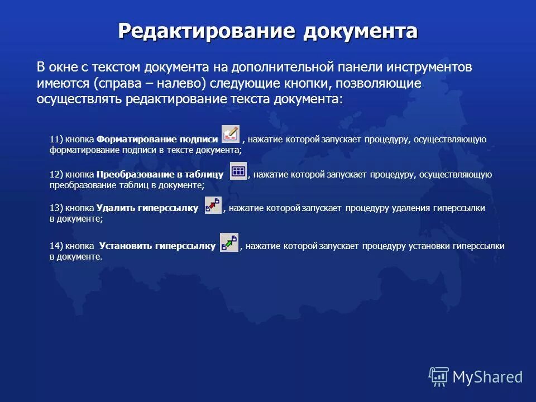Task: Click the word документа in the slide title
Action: (x=360, y=31)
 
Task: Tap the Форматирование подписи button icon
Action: (x=230, y=134)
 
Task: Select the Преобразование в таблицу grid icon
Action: (x=238, y=170)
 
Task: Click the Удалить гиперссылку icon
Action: (x=213, y=205)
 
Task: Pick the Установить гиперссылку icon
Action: (x=229, y=242)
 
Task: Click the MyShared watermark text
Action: (x=487, y=377)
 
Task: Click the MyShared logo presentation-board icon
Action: (x=439, y=376)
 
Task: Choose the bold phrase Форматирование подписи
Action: (x=157, y=140)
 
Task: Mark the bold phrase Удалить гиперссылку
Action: (x=147, y=208)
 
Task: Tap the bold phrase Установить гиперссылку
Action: (x=157, y=246)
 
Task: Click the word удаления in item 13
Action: (x=410, y=208)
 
